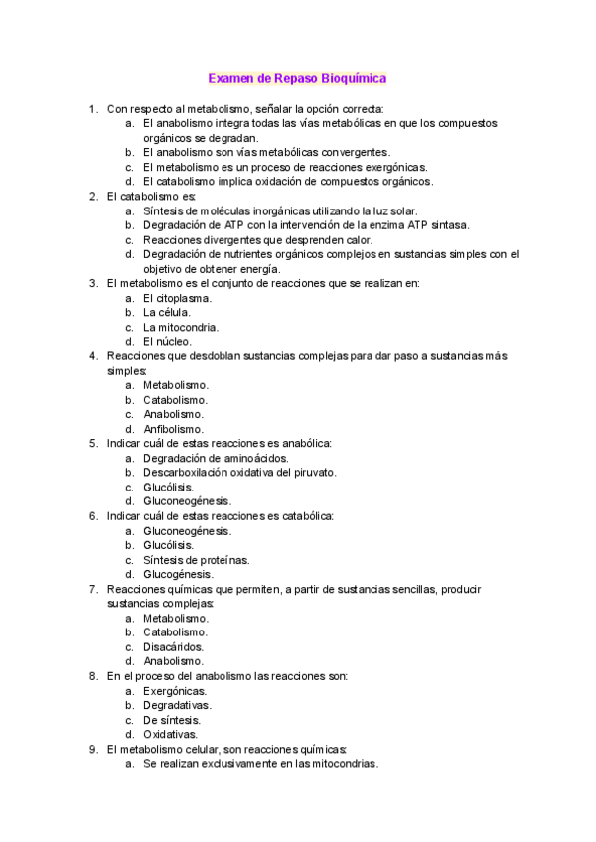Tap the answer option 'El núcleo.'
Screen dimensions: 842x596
[167, 341]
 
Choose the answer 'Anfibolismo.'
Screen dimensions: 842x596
[175, 429]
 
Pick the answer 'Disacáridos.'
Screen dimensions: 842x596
[174, 646]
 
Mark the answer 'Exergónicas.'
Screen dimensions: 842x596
[175, 690]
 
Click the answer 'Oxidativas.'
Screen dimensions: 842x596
[171, 734]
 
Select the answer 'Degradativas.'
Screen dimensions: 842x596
[177, 705]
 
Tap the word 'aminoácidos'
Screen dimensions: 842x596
[255, 458]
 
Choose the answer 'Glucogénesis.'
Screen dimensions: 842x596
[179, 574]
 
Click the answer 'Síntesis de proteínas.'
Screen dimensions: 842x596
[197, 559]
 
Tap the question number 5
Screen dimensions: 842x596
[92, 443]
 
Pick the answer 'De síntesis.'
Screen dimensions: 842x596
[172, 720]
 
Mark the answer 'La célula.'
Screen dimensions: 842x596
[167, 312]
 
